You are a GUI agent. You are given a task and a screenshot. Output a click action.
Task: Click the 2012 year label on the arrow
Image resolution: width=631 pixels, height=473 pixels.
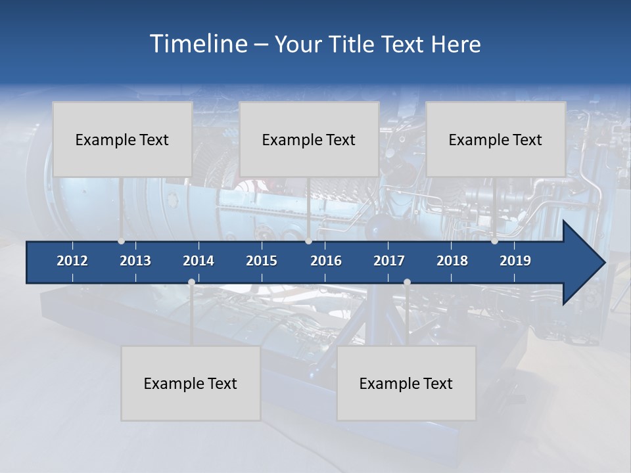pyautogui.click(x=72, y=261)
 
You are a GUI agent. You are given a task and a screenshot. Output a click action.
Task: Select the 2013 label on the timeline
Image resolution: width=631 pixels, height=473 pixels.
pyautogui.click(x=135, y=261)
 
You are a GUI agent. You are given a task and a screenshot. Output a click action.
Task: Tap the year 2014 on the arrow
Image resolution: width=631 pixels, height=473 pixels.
pyautogui.click(x=199, y=261)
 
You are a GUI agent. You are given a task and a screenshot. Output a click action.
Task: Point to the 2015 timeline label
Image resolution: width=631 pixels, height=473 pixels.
pyautogui.click(x=262, y=261)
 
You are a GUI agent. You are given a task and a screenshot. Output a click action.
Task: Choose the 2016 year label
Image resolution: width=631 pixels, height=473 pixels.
pyautogui.click(x=326, y=261)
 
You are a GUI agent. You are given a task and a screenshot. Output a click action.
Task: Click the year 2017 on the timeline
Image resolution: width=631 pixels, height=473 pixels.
pyautogui.click(x=389, y=261)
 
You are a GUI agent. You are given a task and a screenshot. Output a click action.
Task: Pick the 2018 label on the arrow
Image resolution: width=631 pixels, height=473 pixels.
pyautogui.click(x=452, y=261)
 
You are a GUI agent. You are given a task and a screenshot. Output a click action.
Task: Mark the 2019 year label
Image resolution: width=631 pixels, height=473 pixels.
pyautogui.click(x=515, y=261)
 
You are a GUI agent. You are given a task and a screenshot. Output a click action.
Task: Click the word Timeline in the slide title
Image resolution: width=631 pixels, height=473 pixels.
pyautogui.click(x=198, y=44)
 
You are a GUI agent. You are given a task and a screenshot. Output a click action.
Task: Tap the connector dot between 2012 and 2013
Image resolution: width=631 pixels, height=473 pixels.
pyautogui.click(x=121, y=241)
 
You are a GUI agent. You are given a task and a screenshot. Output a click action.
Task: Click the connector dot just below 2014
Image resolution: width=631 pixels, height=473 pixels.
pyautogui.click(x=191, y=282)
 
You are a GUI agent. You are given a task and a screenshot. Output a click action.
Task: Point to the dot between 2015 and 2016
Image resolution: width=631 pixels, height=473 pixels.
pyautogui.click(x=308, y=241)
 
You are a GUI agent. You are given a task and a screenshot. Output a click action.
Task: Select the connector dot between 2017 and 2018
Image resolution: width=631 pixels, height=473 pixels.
pyautogui.click(x=407, y=282)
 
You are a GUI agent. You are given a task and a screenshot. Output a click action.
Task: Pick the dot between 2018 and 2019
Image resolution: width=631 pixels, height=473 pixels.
pyautogui.click(x=494, y=241)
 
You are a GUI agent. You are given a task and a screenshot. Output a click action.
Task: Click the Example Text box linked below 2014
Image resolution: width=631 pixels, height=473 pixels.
pyautogui.click(x=191, y=383)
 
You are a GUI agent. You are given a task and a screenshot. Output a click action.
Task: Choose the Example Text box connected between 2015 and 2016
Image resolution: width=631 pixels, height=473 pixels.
pyautogui.click(x=309, y=139)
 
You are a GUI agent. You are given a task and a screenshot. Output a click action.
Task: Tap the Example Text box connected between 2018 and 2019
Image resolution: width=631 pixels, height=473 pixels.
pyautogui.click(x=496, y=139)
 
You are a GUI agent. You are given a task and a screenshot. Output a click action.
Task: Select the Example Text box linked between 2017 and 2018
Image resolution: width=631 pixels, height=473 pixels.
pyautogui.click(x=406, y=383)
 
